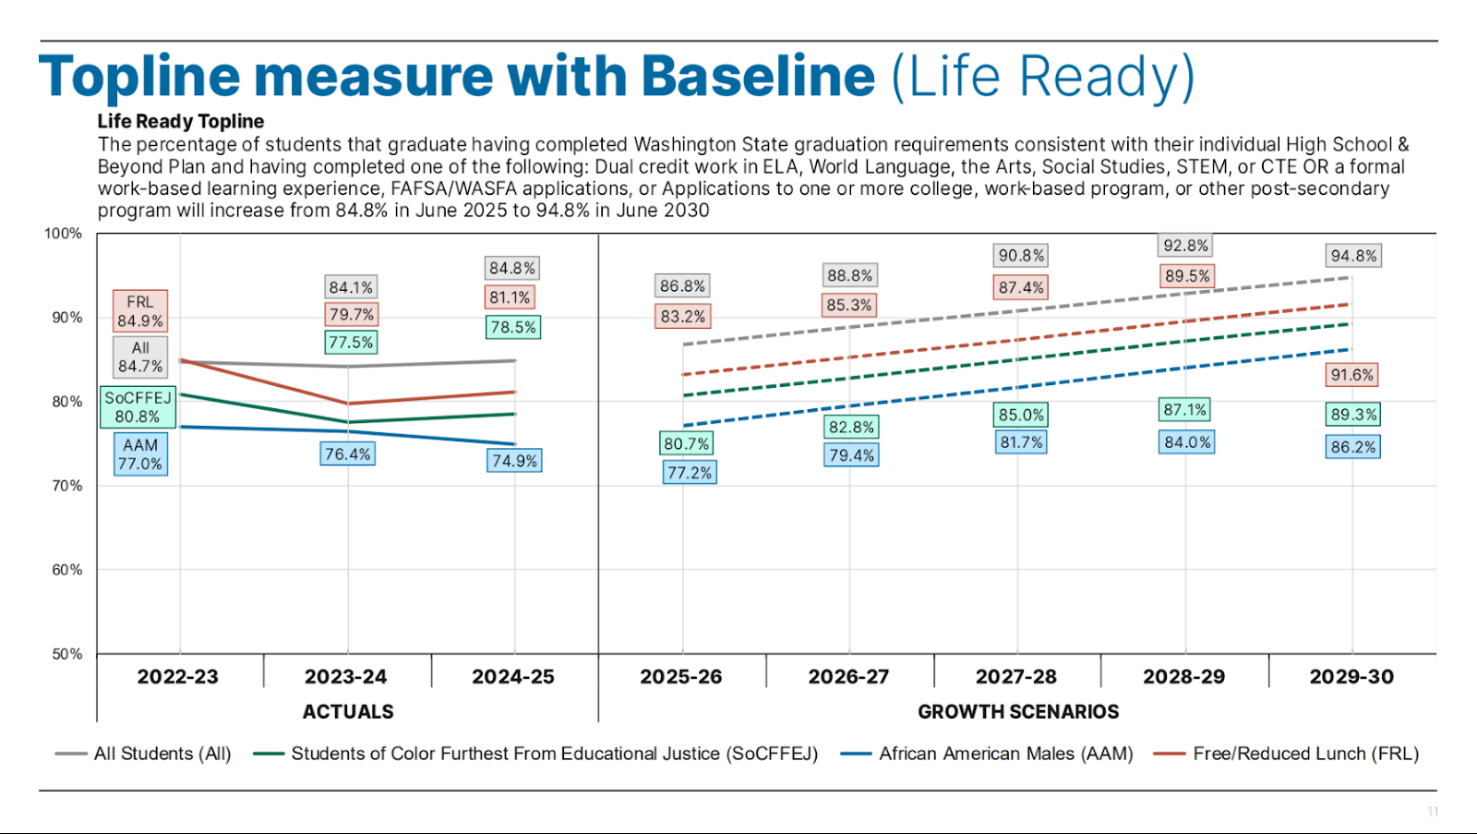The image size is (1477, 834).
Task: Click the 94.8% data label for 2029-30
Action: point(1353,256)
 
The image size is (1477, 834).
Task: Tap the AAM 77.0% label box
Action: point(140,454)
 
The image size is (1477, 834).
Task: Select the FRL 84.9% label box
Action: point(140,311)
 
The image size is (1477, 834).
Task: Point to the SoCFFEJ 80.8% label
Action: point(138,407)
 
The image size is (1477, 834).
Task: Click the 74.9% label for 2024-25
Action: point(514,461)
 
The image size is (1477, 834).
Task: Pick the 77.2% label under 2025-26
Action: point(690,473)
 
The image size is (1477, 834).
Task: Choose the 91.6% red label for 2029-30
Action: point(1352,375)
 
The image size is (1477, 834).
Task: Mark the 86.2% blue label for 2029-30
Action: point(1353,447)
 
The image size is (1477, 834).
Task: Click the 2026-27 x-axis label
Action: point(848,677)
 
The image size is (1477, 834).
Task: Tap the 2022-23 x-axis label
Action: point(178,677)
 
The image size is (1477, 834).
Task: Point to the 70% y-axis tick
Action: point(66,486)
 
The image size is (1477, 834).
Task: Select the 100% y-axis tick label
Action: point(63,234)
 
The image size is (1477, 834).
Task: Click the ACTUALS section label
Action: point(348,712)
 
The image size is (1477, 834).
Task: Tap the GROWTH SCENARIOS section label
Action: point(1018,712)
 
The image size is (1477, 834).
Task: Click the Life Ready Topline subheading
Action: point(181,121)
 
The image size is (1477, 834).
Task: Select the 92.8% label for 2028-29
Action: point(1185,246)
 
